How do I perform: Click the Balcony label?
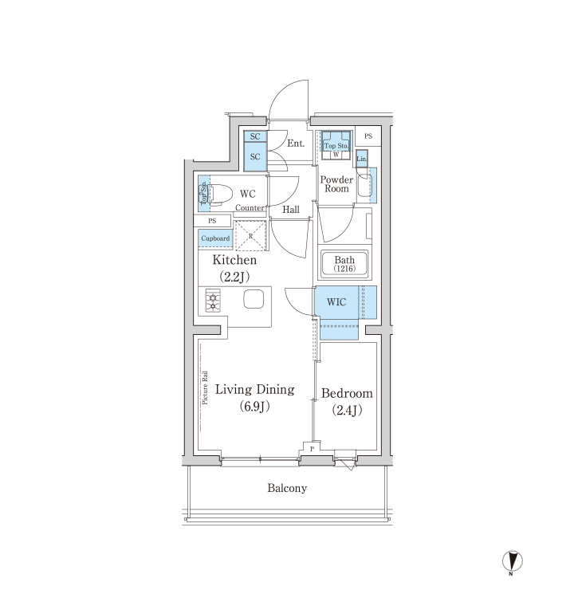[287, 488]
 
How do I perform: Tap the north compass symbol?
[512, 561]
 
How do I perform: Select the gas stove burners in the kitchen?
[213, 301]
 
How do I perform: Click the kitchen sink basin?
[254, 299]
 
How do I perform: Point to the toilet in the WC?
[218, 194]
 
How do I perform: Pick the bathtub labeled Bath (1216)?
[344, 264]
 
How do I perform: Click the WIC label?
[336, 302]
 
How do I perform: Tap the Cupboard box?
[215, 238]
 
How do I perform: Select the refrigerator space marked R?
[250, 236]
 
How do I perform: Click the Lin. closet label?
[362, 159]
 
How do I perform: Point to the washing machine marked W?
[336, 155]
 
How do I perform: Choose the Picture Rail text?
[204, 388]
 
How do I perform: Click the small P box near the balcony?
[312, 449]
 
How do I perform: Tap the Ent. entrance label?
[296, 144]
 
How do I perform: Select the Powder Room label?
[336, 184]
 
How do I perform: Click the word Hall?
[291, 210]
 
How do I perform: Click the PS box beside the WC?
[212, 221]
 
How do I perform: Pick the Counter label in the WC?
[250, 208]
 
